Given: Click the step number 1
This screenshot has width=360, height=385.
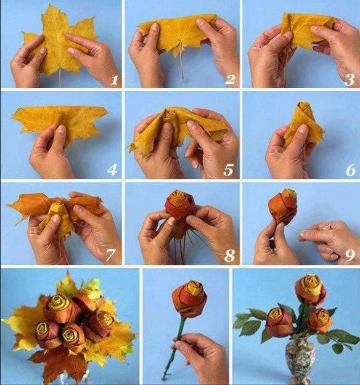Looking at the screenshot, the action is point(114,80).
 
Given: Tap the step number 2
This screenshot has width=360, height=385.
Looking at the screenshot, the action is point(230,79).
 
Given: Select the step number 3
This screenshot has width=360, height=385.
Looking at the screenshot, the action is point(350,79).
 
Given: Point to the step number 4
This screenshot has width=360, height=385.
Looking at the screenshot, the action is point(112,170).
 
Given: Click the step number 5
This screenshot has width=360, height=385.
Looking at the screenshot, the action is point(228,170).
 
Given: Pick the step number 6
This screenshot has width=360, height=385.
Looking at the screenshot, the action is point(351,170).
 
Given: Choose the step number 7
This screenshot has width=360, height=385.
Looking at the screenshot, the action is point(110,256).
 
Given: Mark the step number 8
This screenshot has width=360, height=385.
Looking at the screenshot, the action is point(229,256).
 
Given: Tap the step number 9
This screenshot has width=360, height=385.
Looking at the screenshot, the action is point(350,256).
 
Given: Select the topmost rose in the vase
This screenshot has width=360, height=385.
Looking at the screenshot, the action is point(310,290).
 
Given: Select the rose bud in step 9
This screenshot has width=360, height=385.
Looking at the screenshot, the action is point(282,205).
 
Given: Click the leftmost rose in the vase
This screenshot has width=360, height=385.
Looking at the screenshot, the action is point(279,322).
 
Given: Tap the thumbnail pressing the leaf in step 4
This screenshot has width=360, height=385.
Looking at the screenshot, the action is point(61,129).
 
